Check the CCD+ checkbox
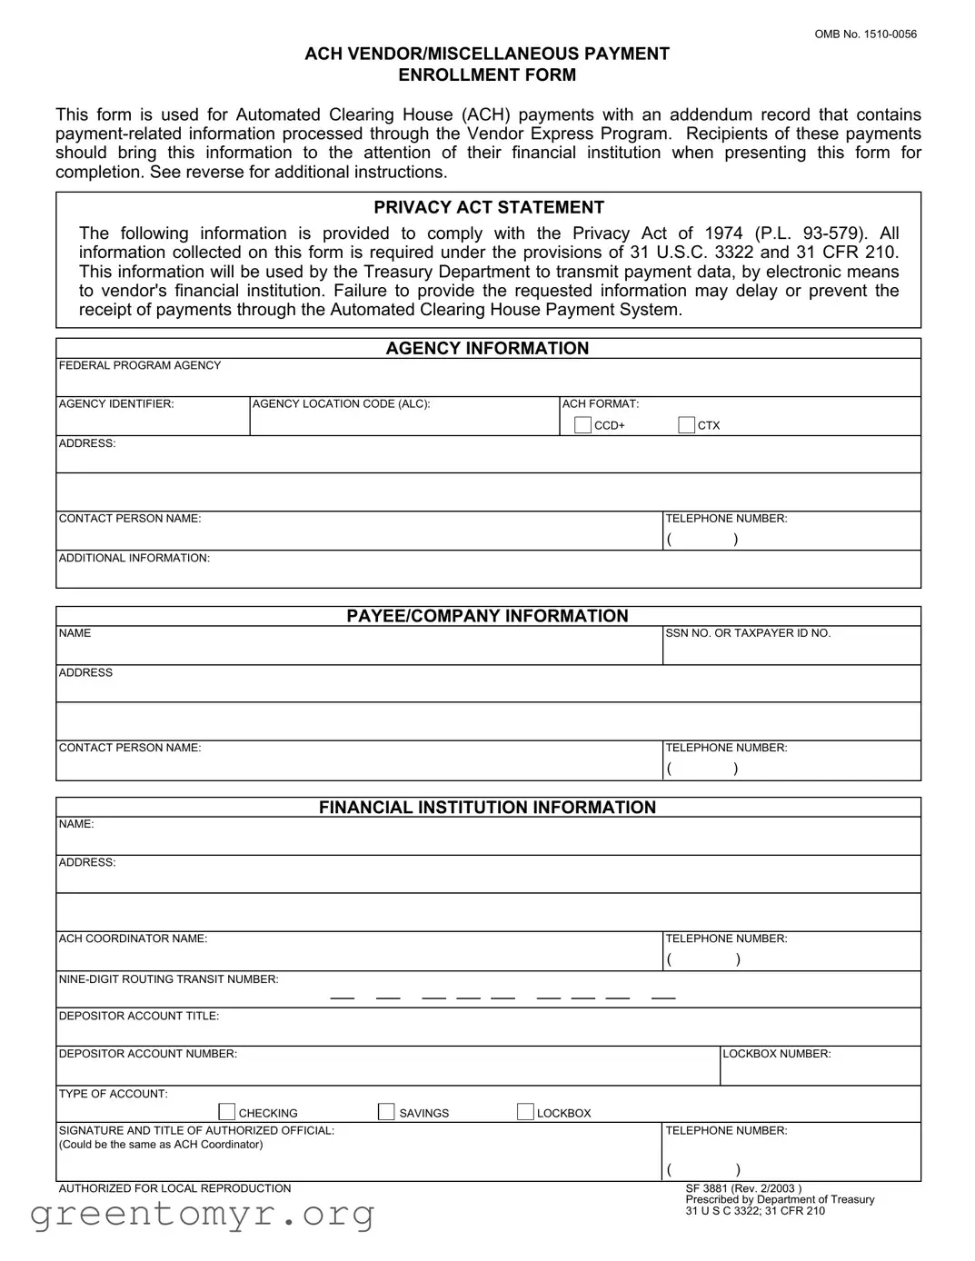point(582,425)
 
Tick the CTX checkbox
point(687,425)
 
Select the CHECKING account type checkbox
point(227,1112)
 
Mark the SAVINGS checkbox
point(386,1112)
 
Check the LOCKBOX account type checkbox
point(525,1112)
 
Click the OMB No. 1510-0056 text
point(865,35)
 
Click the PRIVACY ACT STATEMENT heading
point(488,207)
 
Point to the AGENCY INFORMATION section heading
point(487,348)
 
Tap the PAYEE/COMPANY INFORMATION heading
point(487,616)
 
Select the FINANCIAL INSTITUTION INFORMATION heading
point(487,808)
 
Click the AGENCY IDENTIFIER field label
point(116,404)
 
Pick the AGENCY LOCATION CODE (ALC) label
point(341,404)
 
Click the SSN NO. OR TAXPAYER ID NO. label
point(748,633)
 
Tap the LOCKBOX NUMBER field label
point(777,1054)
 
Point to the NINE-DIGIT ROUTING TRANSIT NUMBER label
point(169,979)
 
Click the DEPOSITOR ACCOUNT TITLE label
point(139,1016)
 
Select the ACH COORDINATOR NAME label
point(133,938)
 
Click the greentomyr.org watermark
point(203,1214)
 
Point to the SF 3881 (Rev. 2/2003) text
point(743,1188)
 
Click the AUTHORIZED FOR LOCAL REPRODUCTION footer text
point(174,1188)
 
